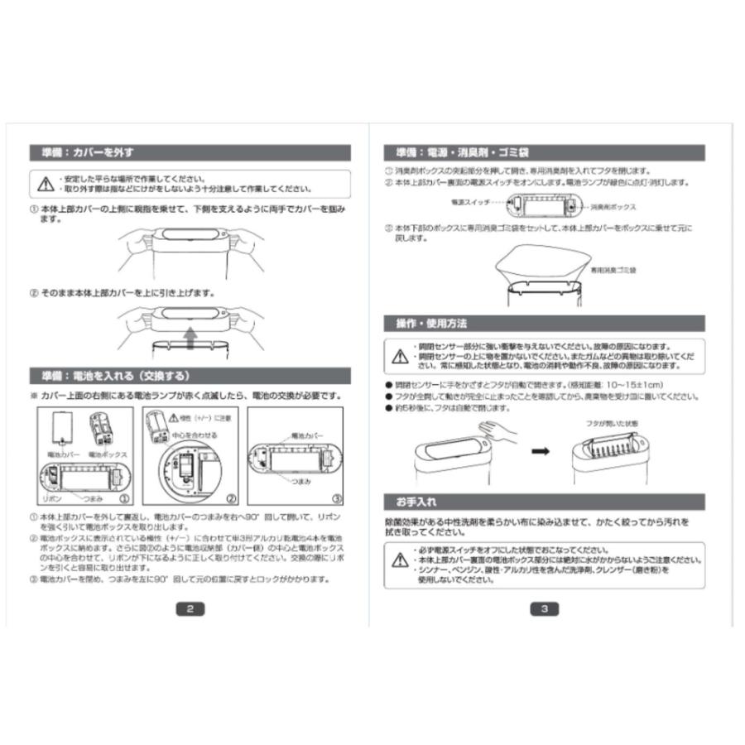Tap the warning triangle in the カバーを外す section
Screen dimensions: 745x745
click(45, 183)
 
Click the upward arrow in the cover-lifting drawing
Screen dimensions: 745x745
click(189, 337)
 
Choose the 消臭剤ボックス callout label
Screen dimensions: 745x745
click(613, 206)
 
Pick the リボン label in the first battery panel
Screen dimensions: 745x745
click(52, 500)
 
